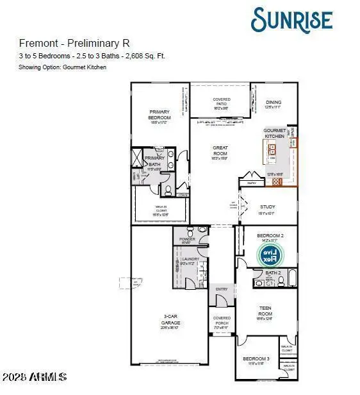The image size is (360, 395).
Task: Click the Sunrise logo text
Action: coord(291,19)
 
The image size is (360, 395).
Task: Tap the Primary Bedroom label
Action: coord(160,114)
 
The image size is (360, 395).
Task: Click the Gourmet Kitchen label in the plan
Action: coord(274,133)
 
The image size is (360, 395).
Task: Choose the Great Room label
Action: coord(220,151)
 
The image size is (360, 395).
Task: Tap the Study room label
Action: coord(267,207)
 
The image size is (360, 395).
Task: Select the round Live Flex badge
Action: coord(270,255)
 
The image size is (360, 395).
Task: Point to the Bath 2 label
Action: coord(274,273)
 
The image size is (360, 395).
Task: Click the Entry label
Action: coord(222,289)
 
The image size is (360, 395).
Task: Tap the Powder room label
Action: coord(187,240)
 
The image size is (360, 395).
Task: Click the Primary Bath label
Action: coord(155,161)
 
